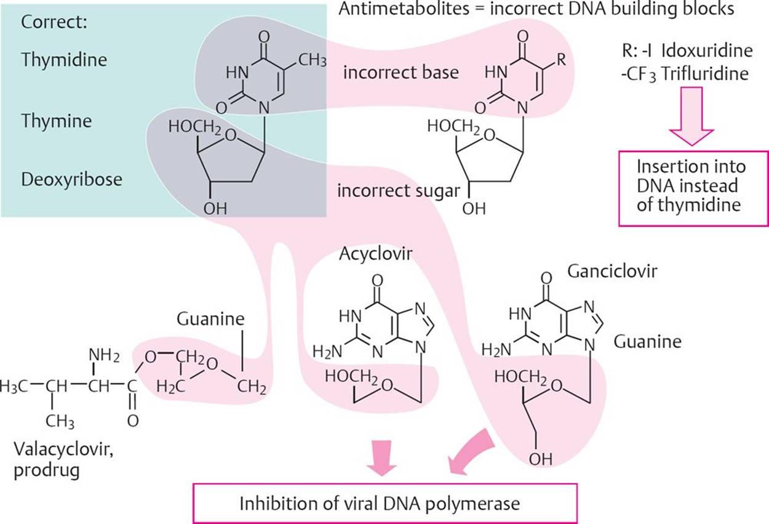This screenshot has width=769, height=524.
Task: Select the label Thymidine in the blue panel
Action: point(64,60)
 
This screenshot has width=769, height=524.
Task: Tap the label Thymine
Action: point(56,121)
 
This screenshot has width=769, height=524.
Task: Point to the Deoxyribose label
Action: point(71,180)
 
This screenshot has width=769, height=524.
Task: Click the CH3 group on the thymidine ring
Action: point(313,60)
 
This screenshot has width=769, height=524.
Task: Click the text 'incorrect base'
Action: point(401,72)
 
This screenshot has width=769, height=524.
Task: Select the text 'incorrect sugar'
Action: point(398,191)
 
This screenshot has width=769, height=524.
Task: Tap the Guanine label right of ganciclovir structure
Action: point(645,341)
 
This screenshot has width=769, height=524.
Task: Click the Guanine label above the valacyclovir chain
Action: point(210,320)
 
